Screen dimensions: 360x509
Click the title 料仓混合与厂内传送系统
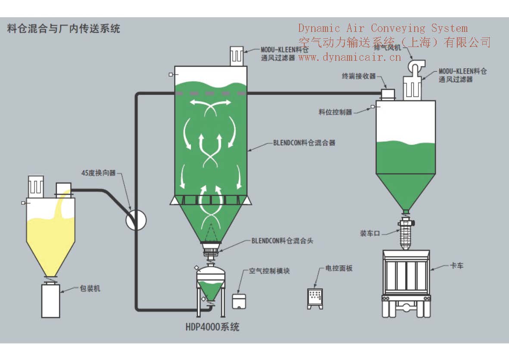click(64, 29)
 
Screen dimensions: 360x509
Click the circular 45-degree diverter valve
click(136, 220)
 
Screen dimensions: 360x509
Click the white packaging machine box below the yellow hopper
click(50, 301)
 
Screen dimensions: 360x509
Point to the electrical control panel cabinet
click(315, 298)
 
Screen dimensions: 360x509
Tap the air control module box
click(238, 301)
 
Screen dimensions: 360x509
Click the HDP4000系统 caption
click(212, 327)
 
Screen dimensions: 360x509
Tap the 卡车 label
click(457, 266)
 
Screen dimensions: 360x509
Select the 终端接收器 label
click(359, 76)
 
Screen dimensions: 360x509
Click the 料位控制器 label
click(335, 112)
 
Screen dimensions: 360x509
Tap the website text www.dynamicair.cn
click(350, 57)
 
